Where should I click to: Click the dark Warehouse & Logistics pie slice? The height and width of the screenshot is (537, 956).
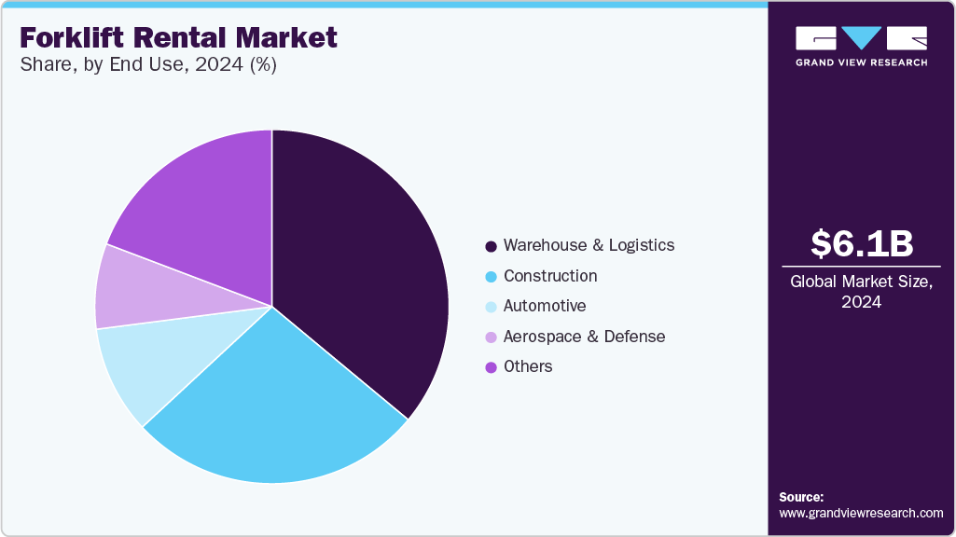coord(364,270)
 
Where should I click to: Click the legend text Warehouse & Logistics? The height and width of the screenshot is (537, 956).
coord(589,245)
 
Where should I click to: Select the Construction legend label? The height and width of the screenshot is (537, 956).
coord(550,276)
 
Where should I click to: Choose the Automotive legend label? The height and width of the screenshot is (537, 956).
coord(545,306)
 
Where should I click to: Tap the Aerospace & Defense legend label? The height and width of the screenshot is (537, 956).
coord(584,337)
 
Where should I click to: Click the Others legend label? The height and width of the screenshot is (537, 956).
coord(528,366)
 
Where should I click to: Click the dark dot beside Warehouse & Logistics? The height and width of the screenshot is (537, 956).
coord(491,246)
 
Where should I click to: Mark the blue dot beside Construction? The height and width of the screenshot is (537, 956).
coord(491,277)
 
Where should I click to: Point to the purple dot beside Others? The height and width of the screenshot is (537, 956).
coord(491,367)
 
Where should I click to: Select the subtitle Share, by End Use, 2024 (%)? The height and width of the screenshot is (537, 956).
coord(147,65)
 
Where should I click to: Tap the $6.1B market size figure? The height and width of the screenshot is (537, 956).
coord(861,243)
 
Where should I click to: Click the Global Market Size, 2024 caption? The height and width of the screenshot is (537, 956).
coord(861,291)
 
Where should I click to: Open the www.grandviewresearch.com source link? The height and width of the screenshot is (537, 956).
coord(861,513)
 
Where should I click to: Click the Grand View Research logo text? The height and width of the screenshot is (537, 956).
coord(861,62)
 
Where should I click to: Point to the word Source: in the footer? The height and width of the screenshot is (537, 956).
coord(801,497)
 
